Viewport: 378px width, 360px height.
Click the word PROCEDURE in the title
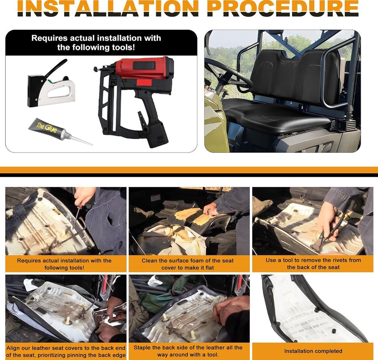[283, 8]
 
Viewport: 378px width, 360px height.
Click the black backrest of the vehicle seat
[296, 75]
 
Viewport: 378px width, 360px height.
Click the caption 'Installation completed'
[313, 351]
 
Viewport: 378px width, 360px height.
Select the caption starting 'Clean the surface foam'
[187, 264]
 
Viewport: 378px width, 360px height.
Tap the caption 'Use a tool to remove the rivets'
[313, 264]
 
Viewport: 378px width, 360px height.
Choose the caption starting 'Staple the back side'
[188, 351]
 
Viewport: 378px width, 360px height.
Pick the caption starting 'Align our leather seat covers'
[66, 352]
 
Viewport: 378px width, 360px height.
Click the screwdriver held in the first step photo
[77, 215]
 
